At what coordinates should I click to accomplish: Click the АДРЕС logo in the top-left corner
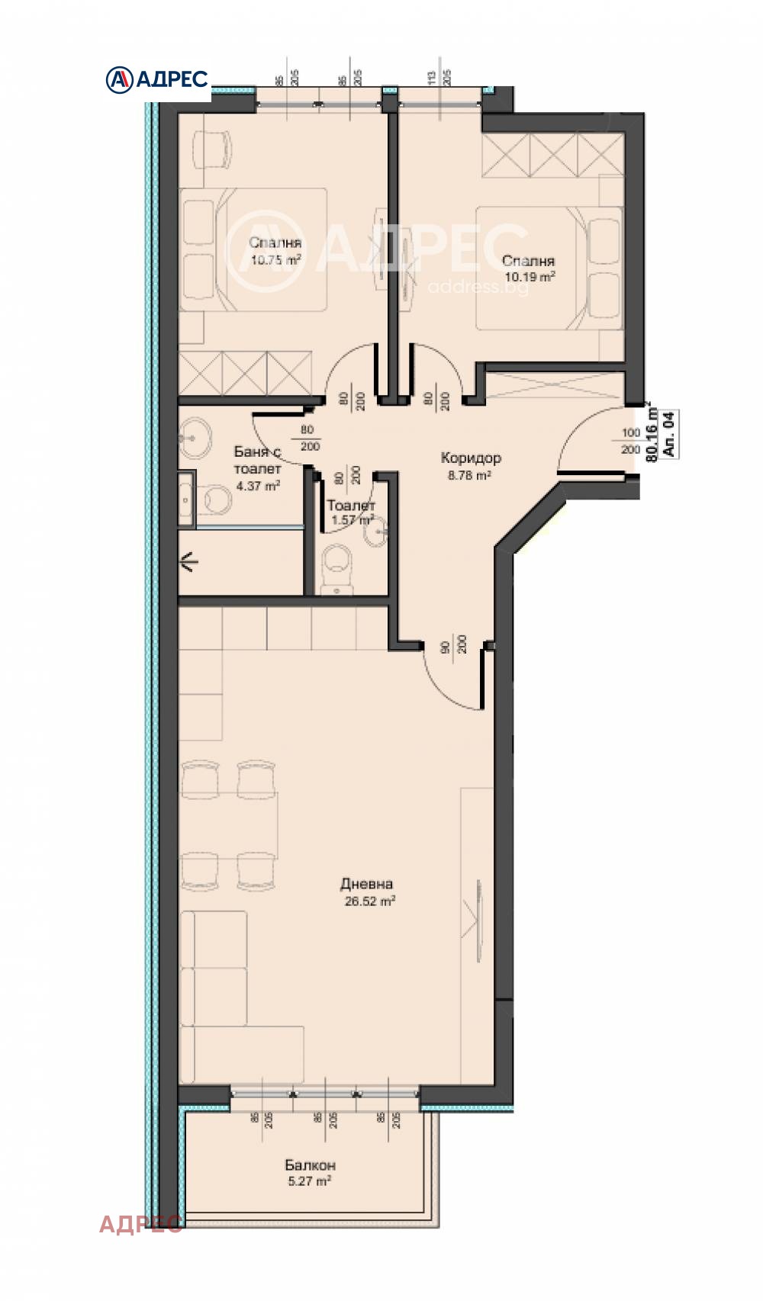click(157, 79)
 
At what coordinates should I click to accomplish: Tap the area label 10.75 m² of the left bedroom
click(275, 260)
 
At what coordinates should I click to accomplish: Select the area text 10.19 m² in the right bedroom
click(528, 278)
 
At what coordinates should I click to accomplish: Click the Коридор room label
click(471, 458)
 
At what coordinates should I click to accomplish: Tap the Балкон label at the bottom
click(310, 1165)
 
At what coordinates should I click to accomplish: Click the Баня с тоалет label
click(257, 461)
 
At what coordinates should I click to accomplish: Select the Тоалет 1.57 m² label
click(351, 512)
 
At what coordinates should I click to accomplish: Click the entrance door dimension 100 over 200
click(631, 442)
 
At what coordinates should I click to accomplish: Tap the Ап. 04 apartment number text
click(669, 434)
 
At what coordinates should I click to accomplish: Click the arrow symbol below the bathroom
click(188, 564)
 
